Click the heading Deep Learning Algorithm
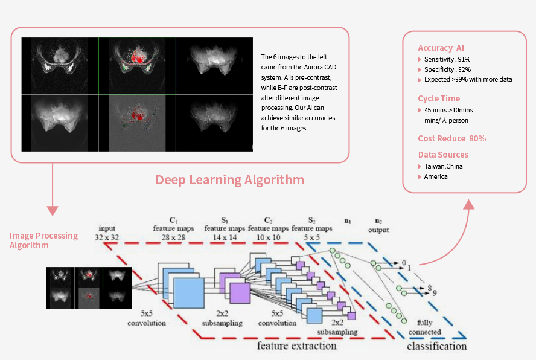pyautogui.click(x=230, y=180)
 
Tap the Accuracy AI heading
pyautogui.click(x=441, y=48)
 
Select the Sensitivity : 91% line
pyautogui.click(x=447, y=59)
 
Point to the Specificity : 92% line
pyautogui.click(x=447, y=69)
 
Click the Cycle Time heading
pyautogui.click(x=439, y=98)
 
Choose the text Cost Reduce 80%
pyautogui.click(x=452, y=138)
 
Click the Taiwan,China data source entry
pyautogui.click(x=444, y=166)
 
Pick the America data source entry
pyautogui.click(x=436, y=176)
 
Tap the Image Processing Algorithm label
pyautogui.click(x=43, y=240)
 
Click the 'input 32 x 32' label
pyautogui.click(x=107, y=233)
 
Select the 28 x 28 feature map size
pyautogui.click(x=174, y=237)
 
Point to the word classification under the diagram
pyautogui.click(x=437, y=346)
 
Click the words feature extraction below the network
pyautogui.click(x=297, y=346)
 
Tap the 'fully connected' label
pyautogui.click(x=425, y=327)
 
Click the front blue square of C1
pyautogui.click(x=189, y=294)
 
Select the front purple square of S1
pyautogui.click(x=240, y=294)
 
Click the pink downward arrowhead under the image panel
pyautogui.click(x=53, y=211)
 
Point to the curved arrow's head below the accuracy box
pyautogui.click(x=469, y=204)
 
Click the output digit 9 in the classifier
pyautogui.click(x=435, y=293)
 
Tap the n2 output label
pyautogui.click(x=378, y=225)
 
